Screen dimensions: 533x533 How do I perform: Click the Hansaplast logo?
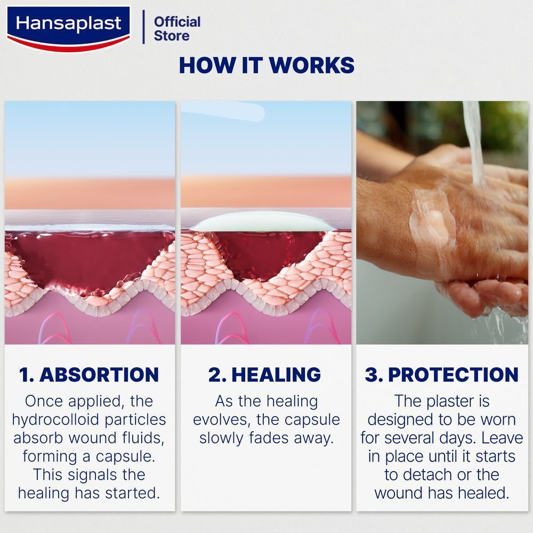click(x=68, y=29)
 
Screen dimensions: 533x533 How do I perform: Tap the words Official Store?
click(x=177, y=29)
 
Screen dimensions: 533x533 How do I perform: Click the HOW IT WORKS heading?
click(x=266, y=65)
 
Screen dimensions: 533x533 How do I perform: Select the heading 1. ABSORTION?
click(x=89, y=375)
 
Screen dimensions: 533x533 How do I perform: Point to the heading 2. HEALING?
click(x=264, y=375)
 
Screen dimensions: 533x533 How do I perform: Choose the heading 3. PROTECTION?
click(x=441, y=375)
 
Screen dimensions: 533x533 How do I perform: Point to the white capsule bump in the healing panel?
click(x=260, y=222)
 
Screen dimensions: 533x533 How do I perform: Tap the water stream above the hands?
click(x=474, y=143)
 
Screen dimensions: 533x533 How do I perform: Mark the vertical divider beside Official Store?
click(x=143, y=27)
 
